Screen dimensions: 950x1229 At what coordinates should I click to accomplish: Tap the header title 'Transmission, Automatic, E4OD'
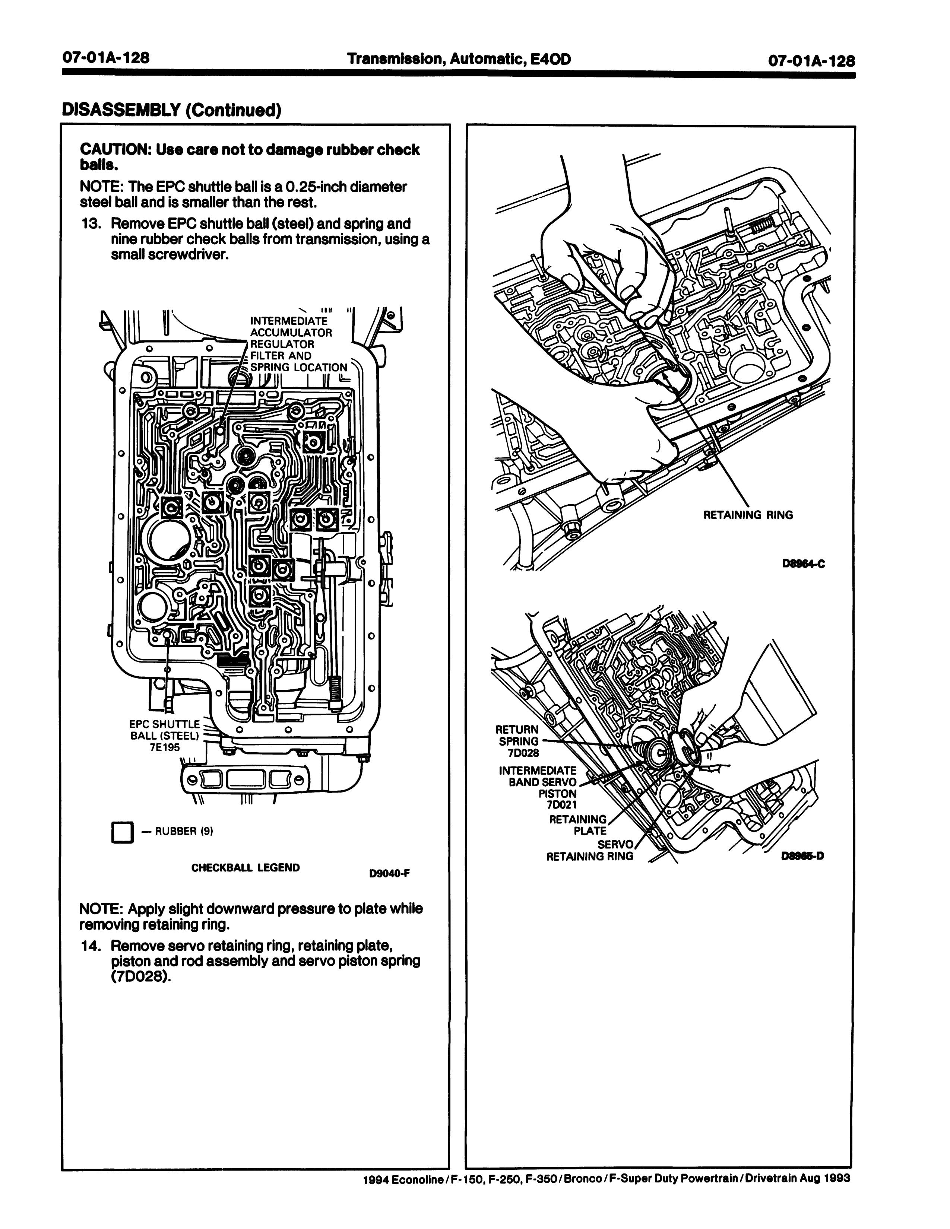pos(459,58)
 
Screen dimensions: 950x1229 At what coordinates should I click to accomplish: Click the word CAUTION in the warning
pos(115,150)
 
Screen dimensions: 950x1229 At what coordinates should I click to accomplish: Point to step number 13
pos(92,224)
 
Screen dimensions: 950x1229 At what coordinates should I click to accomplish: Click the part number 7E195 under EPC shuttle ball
pos(164,747)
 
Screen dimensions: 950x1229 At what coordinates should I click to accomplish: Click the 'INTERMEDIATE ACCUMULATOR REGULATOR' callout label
pos(291,333)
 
